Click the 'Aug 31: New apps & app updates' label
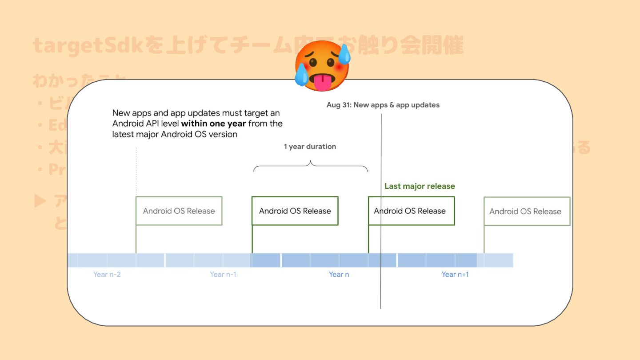click(383, 105)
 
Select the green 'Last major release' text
click(420, 186)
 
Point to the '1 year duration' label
click(310, 147)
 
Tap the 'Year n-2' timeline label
click(107, 275)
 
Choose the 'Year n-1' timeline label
click(223, 275)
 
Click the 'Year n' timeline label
click(339, 275)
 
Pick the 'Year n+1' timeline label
click(455, 275)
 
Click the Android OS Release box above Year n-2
click(179, 211)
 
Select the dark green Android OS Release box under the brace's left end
click(295, 211)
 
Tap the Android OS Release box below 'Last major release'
click(411, 211)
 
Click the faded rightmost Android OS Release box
click(526, 212)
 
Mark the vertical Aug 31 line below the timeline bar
click(381, 289)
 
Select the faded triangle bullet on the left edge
click(40, 201)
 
